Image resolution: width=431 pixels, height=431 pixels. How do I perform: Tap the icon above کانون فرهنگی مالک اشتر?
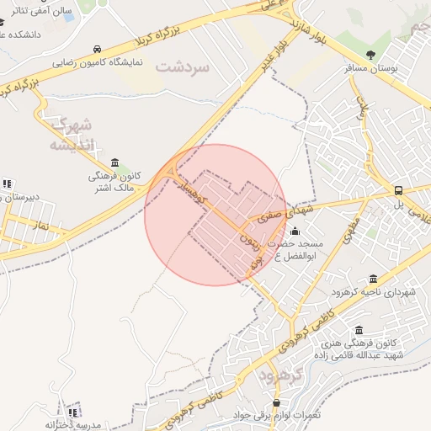[x=114, y=162]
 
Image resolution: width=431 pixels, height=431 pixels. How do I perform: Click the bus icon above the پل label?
[x=399, y=190]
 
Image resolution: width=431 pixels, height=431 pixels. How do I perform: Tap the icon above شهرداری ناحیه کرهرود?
[x=373, y=279]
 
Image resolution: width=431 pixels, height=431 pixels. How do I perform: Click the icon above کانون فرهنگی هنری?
[x=359, y=330]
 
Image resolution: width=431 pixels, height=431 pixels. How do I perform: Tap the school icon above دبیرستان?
[x=8, y=184]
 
